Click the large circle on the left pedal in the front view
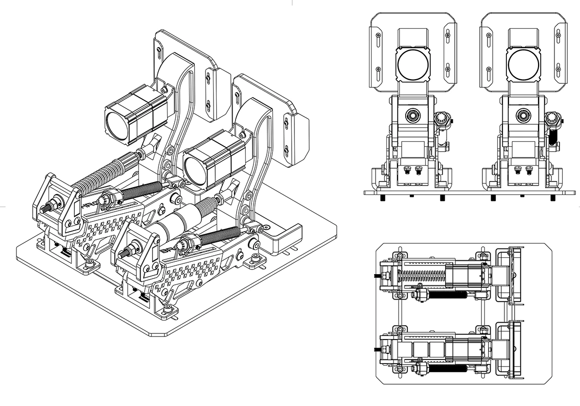[x=413, y=65]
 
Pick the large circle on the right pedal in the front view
[x=524, y=65]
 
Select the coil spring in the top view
[x=423, y=277]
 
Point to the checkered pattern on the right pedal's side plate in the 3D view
[x=197, y=268]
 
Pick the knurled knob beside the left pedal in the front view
[x=440, y=120]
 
